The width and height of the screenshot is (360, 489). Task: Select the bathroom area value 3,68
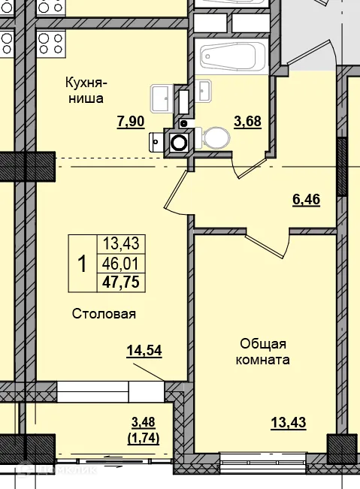[x=248, y=121]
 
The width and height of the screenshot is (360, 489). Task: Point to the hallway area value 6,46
[x=306, y=201]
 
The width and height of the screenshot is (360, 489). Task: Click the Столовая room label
[x=104, y=314]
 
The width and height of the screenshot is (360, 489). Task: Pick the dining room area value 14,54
[x=145, y=350]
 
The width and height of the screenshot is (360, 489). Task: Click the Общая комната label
[x=265, y=352]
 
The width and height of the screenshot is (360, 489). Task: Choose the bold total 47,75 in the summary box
[x=120, y=282]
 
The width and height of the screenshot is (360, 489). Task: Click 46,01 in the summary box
[x=120, y=264]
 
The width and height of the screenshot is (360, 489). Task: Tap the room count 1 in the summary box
[x=82, y=264]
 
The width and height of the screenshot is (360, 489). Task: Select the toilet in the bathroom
[x=216, y=138]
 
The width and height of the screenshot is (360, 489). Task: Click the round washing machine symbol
[x=180, y=140]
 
